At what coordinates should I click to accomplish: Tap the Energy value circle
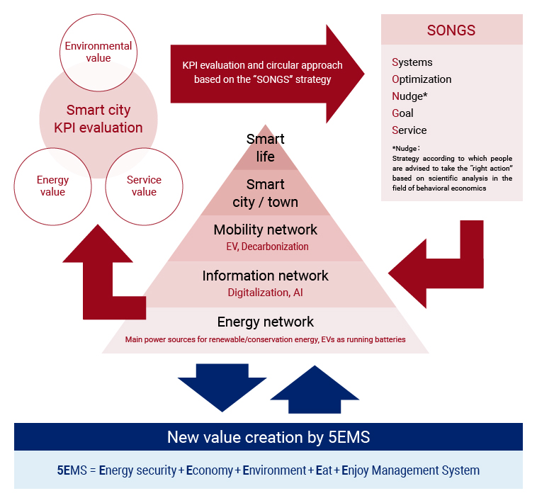(x=52, y=186)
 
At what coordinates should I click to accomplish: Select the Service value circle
(x=144, y=186)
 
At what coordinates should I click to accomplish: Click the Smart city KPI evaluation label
(x=98, y=119)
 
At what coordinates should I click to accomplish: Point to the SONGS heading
(x=451, y=30)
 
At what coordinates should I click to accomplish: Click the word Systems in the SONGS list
(x=412, y=62)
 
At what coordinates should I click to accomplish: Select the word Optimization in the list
(x=422, y=79)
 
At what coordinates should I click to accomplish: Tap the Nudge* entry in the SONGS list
(x=409, y=96)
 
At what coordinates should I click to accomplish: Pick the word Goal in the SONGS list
(x=402, y=113)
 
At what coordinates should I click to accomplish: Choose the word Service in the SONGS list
(x=409, y=130)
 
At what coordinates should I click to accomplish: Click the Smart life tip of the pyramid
(x=265, y=147)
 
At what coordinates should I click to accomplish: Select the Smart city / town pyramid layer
(x=265, y=193)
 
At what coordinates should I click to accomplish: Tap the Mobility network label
(x=265, y=230)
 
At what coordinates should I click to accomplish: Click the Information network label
(x=265, y=276)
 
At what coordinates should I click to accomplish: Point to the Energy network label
(x=265, y=322)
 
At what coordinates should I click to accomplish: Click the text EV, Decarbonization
(x=265, y=247)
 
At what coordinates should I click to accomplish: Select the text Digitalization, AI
(x=265, y=292)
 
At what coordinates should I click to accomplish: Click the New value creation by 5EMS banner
(x=268, y=437)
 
